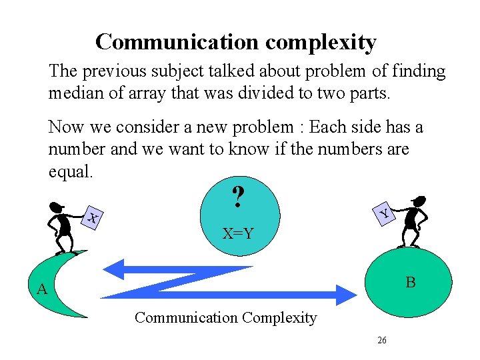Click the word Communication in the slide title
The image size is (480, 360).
coord(177,42)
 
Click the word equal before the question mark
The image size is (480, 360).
coord(69,171)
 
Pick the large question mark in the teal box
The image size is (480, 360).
coord(237,197)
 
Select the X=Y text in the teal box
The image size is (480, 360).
coord(238,233)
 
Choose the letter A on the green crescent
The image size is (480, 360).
coord(42,289)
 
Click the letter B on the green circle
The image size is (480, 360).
coord(411,283)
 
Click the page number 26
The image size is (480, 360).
coord(381,340)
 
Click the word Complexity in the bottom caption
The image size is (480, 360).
coord(280,318)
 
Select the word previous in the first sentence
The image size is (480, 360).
coord(114,71)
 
